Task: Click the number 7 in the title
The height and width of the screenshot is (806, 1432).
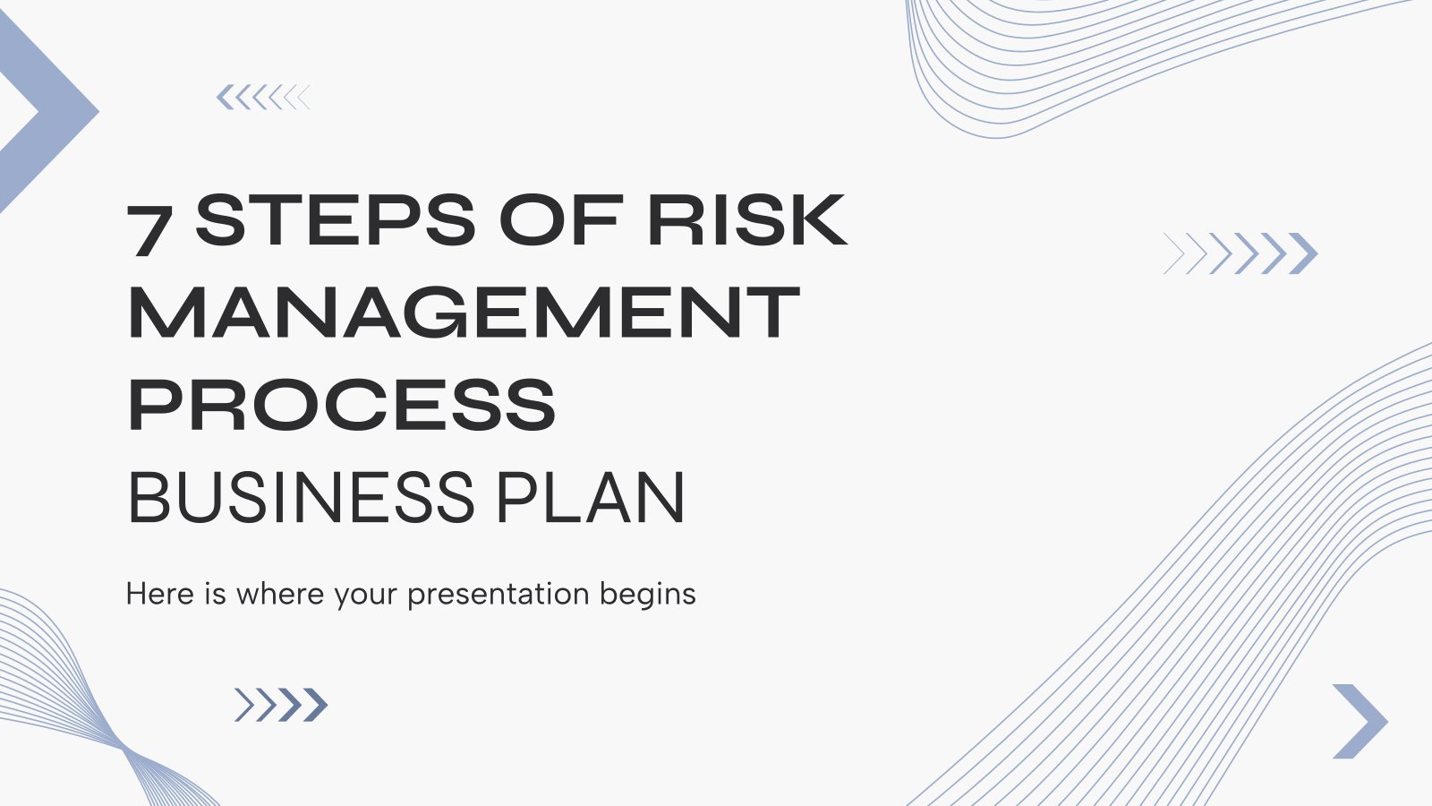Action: (150, 231)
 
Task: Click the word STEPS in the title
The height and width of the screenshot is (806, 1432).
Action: (335, 220)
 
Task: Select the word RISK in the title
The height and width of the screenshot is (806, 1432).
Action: (747, 220)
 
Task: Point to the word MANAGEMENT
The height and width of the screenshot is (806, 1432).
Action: (465, 313)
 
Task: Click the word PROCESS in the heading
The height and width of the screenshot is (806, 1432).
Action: (342, 404)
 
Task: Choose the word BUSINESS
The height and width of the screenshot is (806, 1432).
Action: (301, 498)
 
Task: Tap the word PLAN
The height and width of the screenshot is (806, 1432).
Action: (592, 498)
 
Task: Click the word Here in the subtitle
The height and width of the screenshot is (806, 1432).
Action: (160, 594)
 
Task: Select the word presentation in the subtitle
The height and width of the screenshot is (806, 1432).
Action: (498, 596)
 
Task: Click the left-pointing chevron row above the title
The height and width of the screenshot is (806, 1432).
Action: (263, 98)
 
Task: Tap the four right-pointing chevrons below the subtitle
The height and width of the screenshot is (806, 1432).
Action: (281, 705)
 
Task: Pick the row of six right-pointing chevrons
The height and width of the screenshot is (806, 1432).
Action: (1240, 253)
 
